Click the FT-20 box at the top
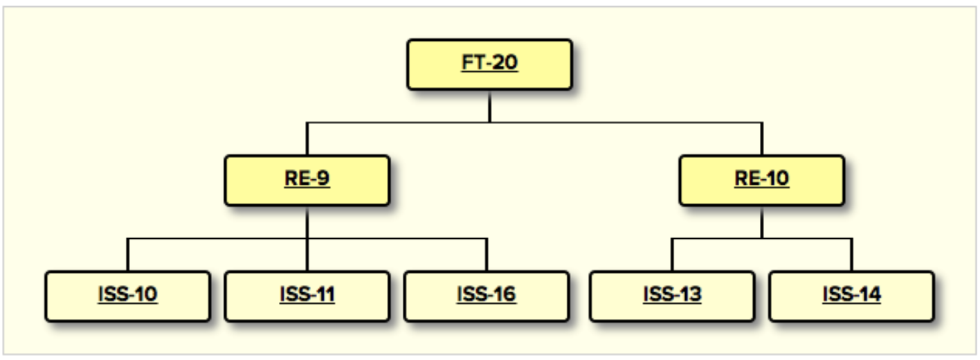point(489,65)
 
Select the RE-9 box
point(307,180)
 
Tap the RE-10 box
point(762,180)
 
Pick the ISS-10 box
point(128,296)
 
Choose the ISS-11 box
point(307,296)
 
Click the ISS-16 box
point(487,296)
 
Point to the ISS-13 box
point(672,296)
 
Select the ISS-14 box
point(851,296)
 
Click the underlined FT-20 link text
point(489,62)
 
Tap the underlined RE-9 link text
point(307,179)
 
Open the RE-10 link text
point(762,179)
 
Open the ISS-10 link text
point(128,294)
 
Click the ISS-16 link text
point(487,294)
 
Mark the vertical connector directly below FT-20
point(489,107)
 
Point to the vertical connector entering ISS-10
point(128,255)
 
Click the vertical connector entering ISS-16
point(487,255)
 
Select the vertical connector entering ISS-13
point(672,255)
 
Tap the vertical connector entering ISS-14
point(851,255)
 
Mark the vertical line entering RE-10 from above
point(762,139)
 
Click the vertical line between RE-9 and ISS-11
point(307,238)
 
